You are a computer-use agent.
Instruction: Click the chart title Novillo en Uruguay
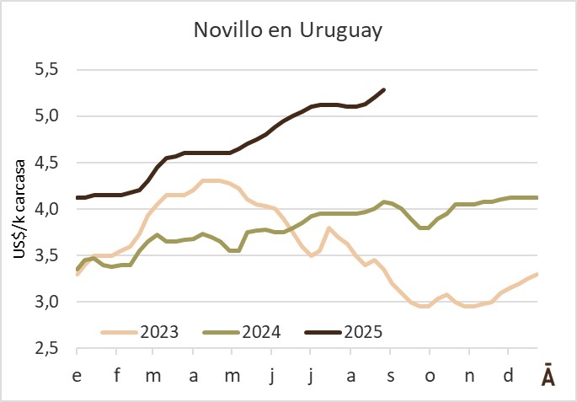[288, 31]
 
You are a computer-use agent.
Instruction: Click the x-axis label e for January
[77, 375]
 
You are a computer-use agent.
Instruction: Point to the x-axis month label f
[116, 375]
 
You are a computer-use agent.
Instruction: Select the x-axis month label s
[389, 375]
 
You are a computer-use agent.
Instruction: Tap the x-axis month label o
[430, 375]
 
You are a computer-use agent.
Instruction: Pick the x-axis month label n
[468, 375]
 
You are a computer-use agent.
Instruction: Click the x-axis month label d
[507, 375]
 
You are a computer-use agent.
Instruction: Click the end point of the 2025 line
[384, 89]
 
